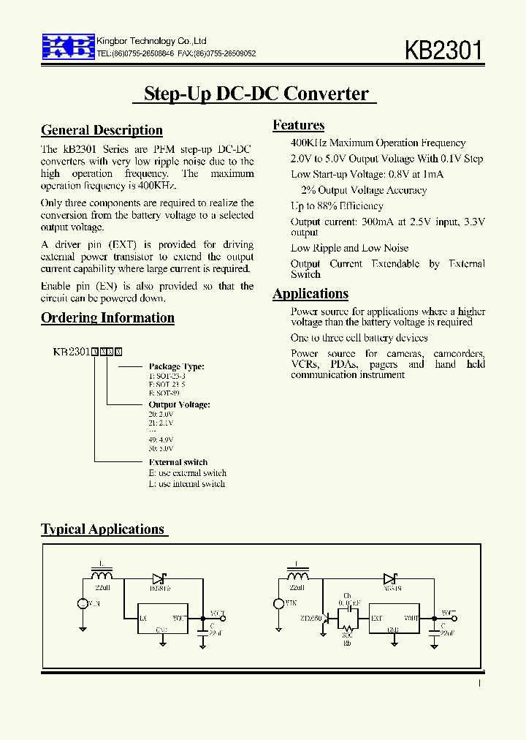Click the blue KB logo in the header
tap(68, 45)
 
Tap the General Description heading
tap(102, 131)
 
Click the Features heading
tap(298, 125)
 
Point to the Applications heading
tap(310, 294)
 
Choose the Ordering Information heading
tap(107, 318)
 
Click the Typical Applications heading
tap(103, 529)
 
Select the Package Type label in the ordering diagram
tap(176, 366)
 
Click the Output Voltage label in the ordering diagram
tap(179, 404)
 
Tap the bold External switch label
tap(178, 462)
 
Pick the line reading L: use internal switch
tap(186, 483)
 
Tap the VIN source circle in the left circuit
tap(82, 603)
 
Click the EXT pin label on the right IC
tap(376, 618)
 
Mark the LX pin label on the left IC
tap(143, 618)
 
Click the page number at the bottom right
tap(479, 683)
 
